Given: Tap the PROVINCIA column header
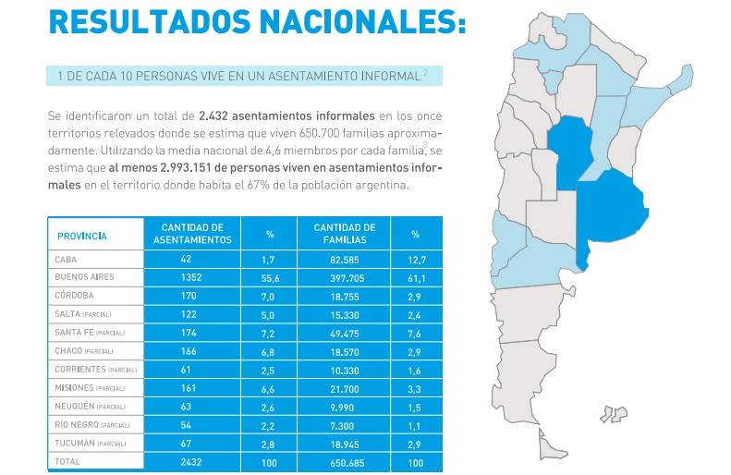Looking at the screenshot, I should click(x=82, y=236).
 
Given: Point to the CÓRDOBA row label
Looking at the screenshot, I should click(x=75, y=296).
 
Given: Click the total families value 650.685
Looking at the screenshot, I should click(x=344, y=460).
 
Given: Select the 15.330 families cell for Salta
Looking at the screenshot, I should click(x=344, y=314).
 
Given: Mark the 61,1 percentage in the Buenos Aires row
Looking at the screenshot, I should click(x=416, y=277).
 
